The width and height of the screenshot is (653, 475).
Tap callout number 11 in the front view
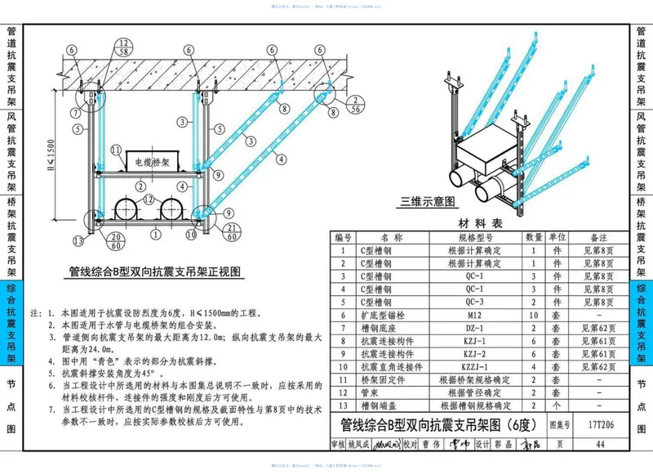pos(116,150)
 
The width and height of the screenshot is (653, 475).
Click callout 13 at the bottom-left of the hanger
pos(78,240)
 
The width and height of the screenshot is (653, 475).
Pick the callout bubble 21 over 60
pos(233,231)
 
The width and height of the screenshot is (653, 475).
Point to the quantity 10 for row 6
pos(534,315)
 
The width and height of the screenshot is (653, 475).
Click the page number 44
pos(600,445)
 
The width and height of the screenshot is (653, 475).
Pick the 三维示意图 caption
pos(427,201)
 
